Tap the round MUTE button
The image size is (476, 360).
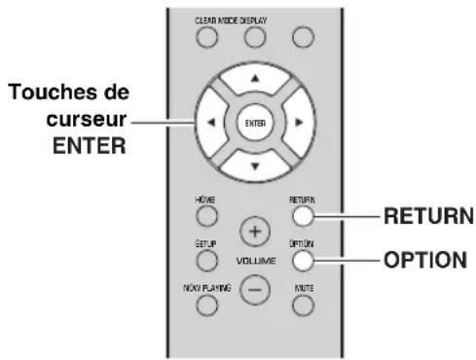coord(305,305)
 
